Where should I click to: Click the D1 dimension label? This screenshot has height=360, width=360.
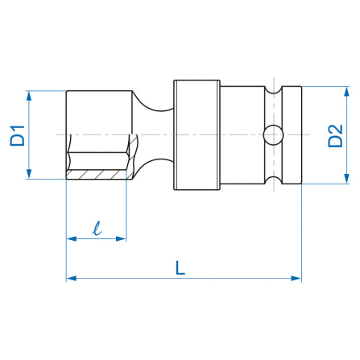pyautogui.click(x=17, y=135)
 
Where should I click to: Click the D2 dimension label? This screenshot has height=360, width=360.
pyautogui.click(x=335, y=135)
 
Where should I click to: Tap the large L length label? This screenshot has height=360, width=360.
pyautogui.click(x=180, y=267)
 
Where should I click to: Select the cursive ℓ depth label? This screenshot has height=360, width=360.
pyautogui.click(x=97, y=229)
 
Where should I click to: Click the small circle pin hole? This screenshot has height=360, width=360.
pyautogui.click(x=273, y=134)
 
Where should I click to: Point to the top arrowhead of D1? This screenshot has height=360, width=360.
pyautogui.click(x=29, y=96)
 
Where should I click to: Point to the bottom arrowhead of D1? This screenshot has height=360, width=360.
pyautogui.click(x=29, y=174)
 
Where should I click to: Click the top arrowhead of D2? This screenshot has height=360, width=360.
pyautogui.click(x=346, y=92)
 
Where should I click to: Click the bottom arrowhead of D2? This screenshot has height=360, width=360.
pyautogui.click(x=346, y=179)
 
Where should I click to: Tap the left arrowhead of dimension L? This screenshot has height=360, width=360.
pyautogui.click(x=72, y=278)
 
